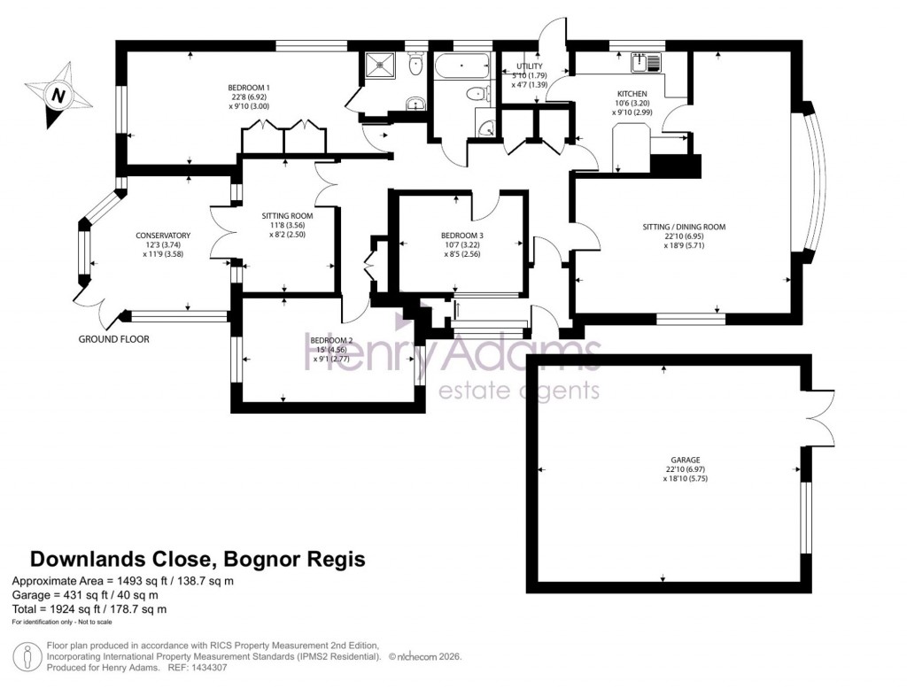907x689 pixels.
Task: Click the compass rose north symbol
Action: [x=58, y=95]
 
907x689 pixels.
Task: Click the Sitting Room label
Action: [x=287, y=215]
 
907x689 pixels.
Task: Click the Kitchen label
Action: [x=632, y=94]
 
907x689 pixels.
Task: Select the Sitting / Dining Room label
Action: [x=684, y=227]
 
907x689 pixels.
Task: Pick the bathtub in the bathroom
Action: [x=461, y=66]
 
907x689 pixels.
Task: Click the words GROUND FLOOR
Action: [x=114, y=339]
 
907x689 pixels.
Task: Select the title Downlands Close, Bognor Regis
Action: [x=198, y=560]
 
